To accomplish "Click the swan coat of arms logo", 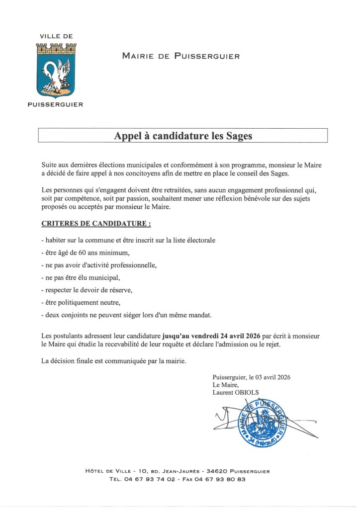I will pyautogui.click(x=56, y=70).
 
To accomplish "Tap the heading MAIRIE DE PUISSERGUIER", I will pyautogui.click(x=181, y=56).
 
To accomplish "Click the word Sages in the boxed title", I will pyautogui.click(x=239, y=136).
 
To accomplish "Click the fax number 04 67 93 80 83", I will pyautogui.click(x=225, y=479).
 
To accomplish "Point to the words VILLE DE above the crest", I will pyautogui.click(x=56, y=37).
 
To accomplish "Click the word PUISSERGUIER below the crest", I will pyautogui.click(x=56, y=104).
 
